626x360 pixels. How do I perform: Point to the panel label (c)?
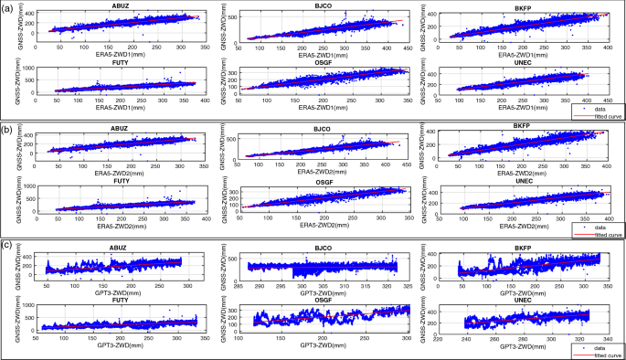7,245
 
